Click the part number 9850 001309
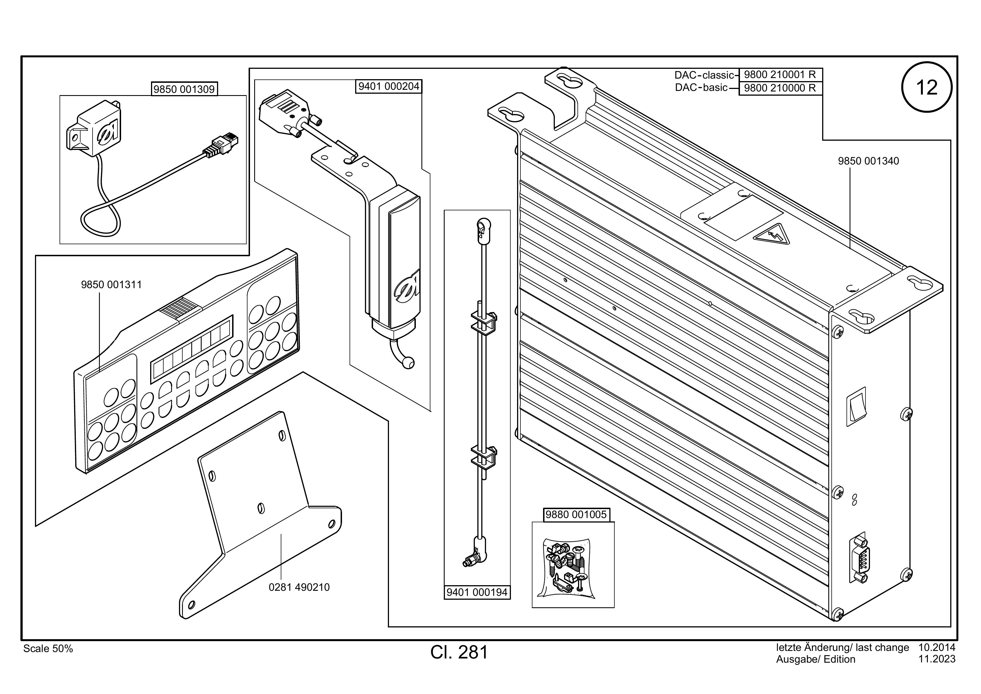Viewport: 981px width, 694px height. (184, 89)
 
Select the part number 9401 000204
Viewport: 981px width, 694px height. (389, 87)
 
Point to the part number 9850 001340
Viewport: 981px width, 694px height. (868, 161)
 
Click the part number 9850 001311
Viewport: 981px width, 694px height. (112, 284)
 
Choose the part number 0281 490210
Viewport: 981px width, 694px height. (299, 587)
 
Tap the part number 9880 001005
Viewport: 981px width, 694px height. (576, 514)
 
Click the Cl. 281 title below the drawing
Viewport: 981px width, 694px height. (459, 652)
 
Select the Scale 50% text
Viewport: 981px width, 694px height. (48, 649)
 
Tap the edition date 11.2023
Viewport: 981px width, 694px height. (937, 659)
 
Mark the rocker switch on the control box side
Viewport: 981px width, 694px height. (857, 406)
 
